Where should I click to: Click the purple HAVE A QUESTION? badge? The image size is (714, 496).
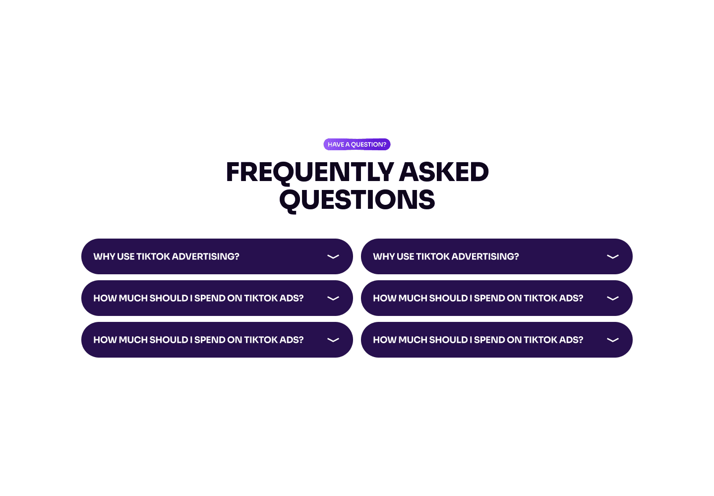click(357, 144)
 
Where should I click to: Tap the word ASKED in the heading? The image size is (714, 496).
click(444, 172)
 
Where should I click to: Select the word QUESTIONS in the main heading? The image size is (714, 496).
click(357, 200)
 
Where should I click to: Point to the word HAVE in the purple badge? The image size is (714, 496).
click(336, 144)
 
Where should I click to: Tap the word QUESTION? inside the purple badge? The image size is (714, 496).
click(368, 144)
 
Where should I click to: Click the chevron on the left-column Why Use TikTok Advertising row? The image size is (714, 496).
click(333, 256)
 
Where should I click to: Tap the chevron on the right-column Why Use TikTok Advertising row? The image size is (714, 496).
click(613, 256)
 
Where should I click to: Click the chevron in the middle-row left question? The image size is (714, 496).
click(333, 298)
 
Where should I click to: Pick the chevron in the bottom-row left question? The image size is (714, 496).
click(333, 340)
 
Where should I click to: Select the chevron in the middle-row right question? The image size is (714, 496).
click(613, 298)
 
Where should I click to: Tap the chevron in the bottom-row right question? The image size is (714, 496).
click(613, 340)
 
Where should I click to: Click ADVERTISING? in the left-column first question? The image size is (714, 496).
click(205, 256)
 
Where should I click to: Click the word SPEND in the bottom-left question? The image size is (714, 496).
click(210, 340)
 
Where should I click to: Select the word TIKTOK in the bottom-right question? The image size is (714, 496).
click(540, 340)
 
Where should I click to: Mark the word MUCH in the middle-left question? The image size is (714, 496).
click(133, 298)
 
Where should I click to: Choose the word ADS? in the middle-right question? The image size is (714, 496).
click(571, 298)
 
